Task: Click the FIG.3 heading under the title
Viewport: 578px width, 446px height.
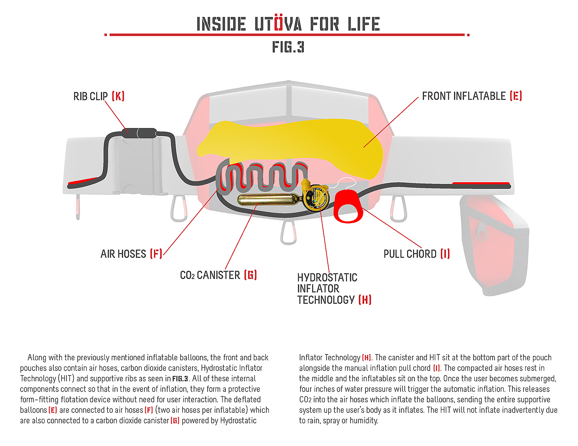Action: [x=288, y=47]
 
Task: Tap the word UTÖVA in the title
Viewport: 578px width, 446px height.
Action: [x=278, y=24]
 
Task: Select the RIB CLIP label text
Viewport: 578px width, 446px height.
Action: [x=90, y=96]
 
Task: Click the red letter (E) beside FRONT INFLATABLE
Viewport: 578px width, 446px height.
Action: [x=516, y=96]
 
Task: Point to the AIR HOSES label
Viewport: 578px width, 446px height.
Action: [x=123, y=254]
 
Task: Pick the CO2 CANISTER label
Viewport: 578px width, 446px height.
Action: [x=210, y=275]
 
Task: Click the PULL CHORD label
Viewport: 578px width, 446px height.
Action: [x=410, y=254]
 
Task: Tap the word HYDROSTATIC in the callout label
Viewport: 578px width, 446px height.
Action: [x=327, y=278]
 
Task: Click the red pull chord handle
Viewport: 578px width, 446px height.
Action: [x=348, y=206]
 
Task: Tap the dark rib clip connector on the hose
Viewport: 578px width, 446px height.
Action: [x=139, y=133]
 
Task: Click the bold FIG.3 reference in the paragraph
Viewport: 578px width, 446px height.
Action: [x=180, y=379]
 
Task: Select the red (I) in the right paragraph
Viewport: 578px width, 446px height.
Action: [x=436, y=368]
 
